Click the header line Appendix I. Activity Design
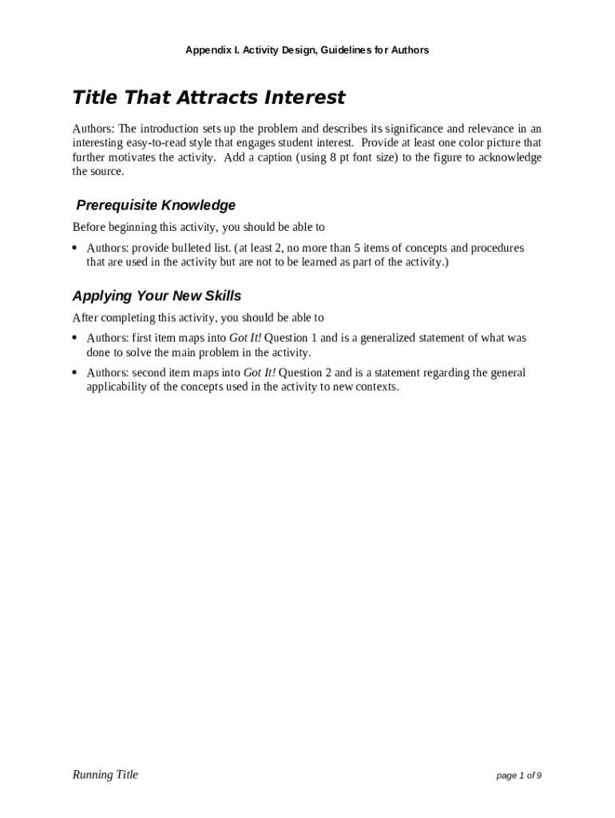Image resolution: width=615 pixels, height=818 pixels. pos(307,50)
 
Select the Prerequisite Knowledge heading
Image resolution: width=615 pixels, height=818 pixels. pos(156,205)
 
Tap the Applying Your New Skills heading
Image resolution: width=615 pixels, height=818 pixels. pos(157,296)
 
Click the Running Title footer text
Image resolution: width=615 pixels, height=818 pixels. pos(105,774)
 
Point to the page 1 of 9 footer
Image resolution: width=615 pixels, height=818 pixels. pos(518,776)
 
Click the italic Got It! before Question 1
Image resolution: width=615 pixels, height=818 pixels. pos(245,338)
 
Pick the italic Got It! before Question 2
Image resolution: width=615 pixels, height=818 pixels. pos(259,372)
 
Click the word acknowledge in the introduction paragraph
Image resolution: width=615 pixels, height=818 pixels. pos(508,157)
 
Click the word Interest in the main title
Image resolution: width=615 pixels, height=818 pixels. pos(306,97)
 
